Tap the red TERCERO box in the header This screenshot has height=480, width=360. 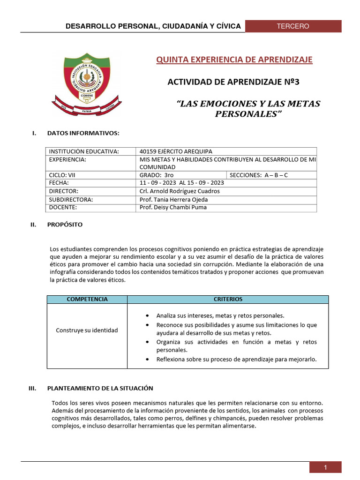293,26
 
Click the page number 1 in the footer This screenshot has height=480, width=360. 325,467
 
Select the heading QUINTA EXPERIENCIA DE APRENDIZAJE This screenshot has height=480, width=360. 234,60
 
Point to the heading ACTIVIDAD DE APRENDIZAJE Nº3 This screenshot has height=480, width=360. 233,82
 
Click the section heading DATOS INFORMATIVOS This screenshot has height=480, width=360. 83,134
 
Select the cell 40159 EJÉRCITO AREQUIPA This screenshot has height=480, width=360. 176,151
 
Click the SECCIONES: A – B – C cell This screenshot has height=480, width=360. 259,175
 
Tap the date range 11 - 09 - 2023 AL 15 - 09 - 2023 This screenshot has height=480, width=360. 182,183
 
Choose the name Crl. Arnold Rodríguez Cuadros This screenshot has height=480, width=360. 180,191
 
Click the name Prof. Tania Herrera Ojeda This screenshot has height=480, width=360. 173,199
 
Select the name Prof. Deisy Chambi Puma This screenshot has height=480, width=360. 172,207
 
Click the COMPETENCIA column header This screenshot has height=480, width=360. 87,299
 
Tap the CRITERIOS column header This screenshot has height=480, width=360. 228,299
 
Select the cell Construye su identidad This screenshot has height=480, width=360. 87,330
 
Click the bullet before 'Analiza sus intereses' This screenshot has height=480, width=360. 148,315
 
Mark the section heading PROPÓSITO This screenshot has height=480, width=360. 65,225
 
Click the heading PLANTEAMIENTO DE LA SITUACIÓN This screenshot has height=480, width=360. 100,389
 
